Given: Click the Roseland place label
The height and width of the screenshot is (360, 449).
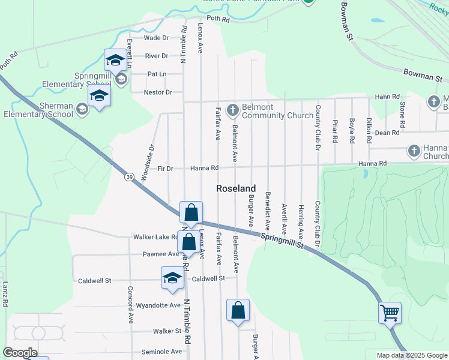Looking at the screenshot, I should point(236,188).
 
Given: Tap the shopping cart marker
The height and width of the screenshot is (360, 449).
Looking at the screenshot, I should point(390,312).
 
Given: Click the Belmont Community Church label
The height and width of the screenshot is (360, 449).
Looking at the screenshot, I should point(265,111).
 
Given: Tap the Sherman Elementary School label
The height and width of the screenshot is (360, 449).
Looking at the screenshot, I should point(38,110).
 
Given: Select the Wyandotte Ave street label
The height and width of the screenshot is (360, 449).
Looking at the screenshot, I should point(158,305).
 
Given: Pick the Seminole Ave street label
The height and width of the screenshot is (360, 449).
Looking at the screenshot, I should point(161,352).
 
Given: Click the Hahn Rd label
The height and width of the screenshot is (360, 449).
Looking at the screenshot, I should point(387,97).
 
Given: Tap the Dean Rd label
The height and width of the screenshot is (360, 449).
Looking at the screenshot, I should point(387,133).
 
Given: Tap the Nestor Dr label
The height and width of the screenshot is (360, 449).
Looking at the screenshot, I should point(158,92).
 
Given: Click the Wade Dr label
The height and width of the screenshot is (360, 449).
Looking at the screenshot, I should point(157,38).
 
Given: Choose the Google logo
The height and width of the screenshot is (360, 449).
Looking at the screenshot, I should point(20,353).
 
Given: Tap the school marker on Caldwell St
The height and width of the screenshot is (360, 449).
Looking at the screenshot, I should point(172,278).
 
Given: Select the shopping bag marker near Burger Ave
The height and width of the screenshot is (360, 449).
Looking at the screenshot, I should point(238,311).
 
